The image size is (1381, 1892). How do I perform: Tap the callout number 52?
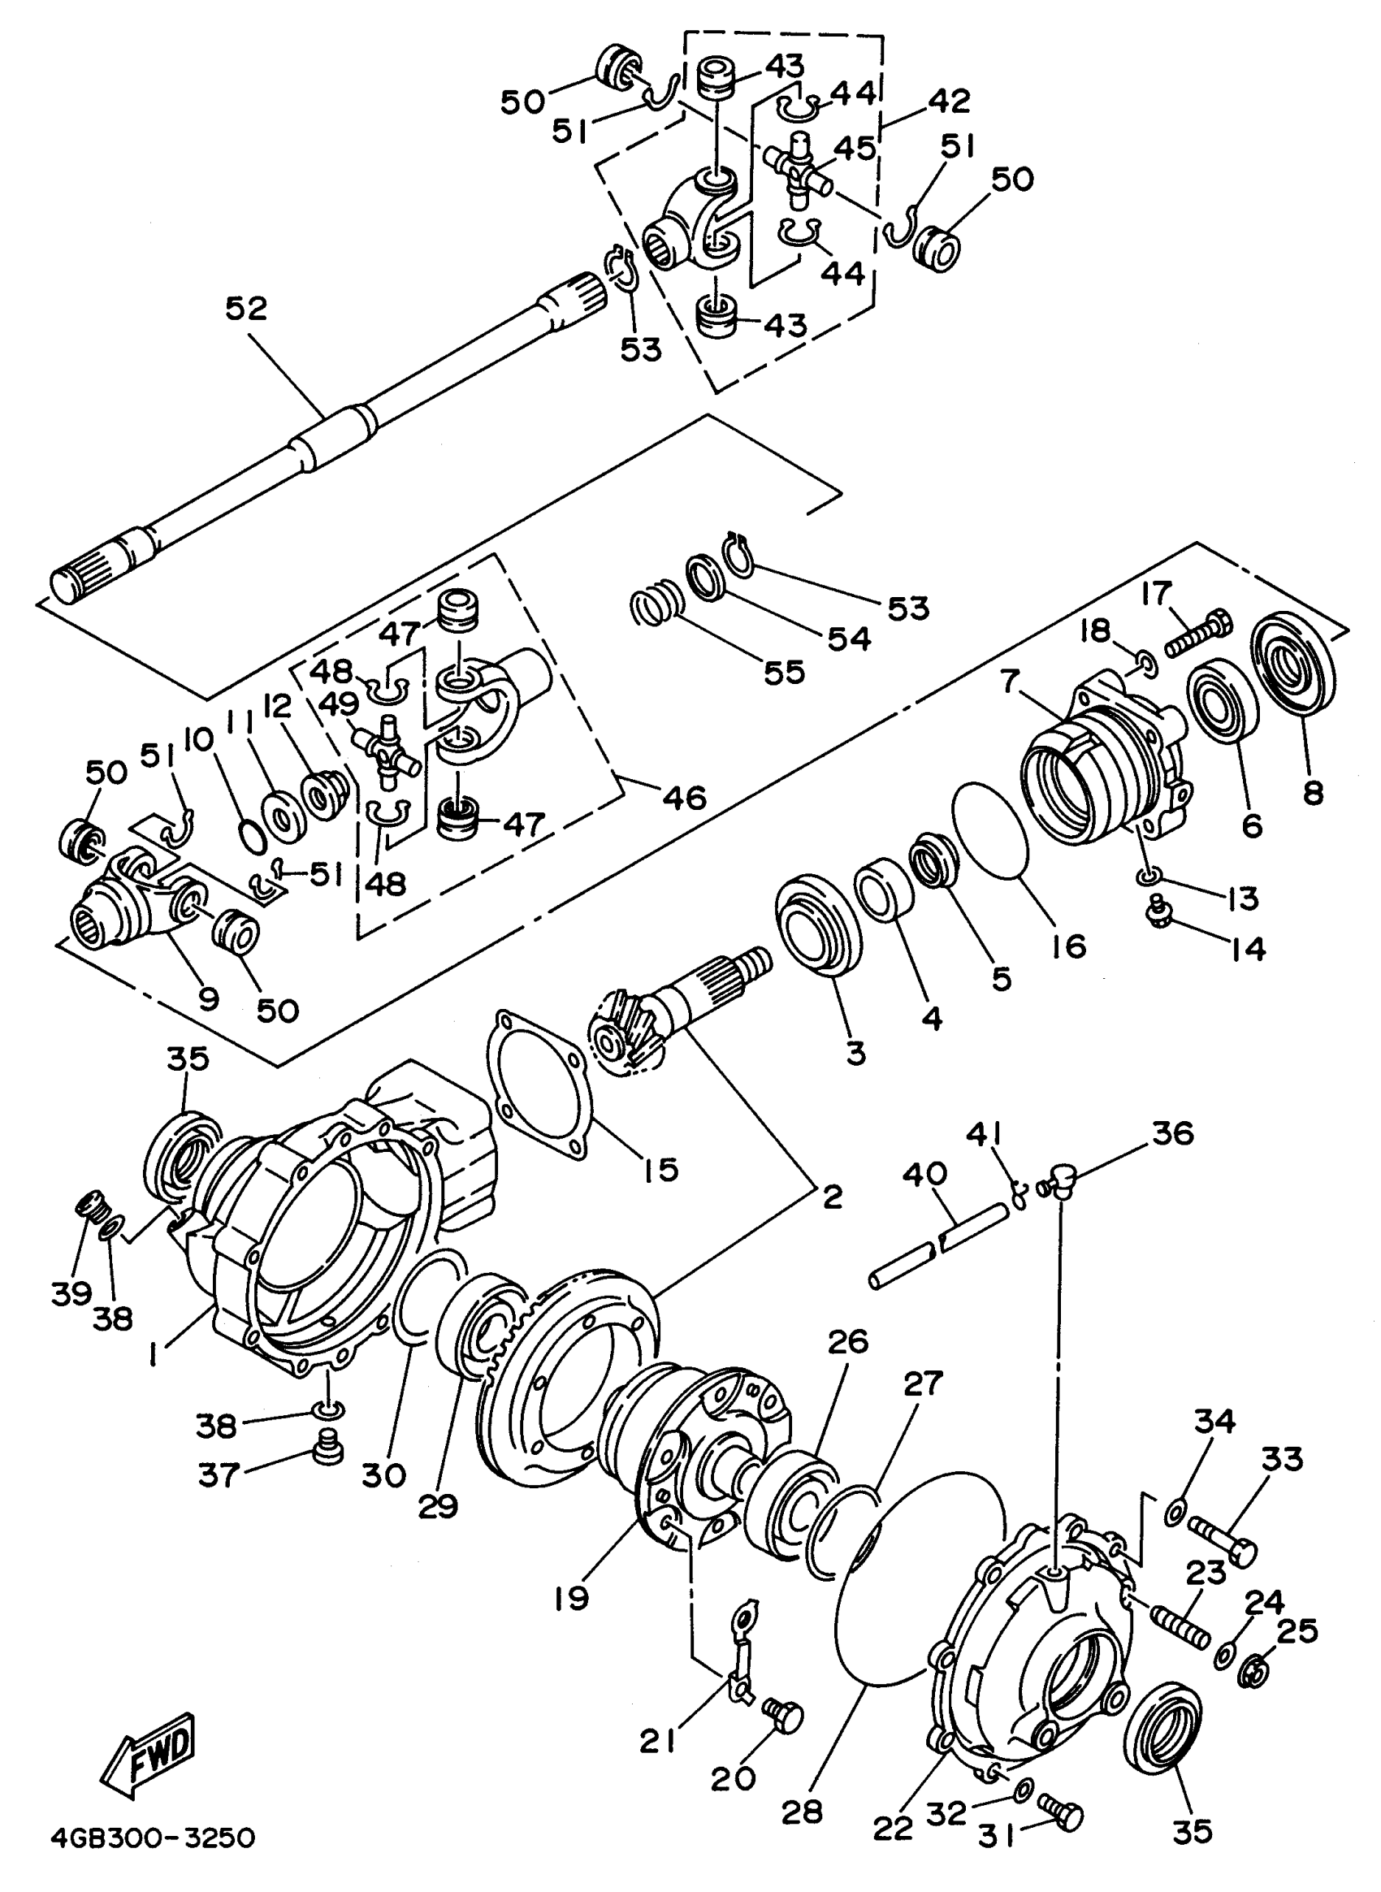tap(247, 309)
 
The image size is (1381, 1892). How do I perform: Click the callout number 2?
tap(833, 1197)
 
